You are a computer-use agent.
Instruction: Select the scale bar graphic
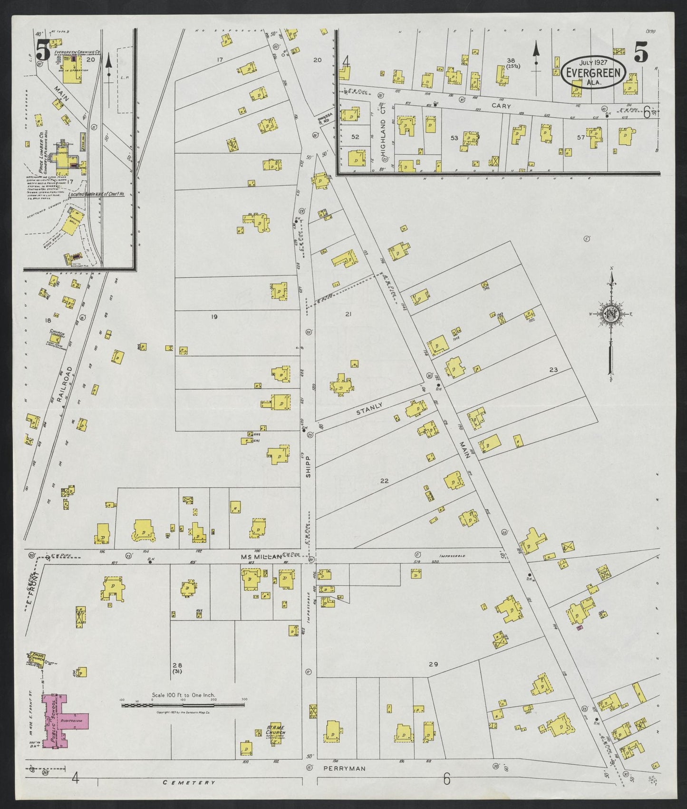(x=183, y=704)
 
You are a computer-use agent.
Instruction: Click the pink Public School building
(x=59, y=724)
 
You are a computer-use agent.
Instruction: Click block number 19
(x=214, y=316)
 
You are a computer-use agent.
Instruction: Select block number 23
(x=553, y=370)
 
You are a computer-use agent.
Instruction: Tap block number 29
(x=433, y=664)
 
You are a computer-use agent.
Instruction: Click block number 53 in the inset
(x=454, y=138)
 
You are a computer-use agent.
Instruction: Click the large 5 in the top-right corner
(x=640, y=51)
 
